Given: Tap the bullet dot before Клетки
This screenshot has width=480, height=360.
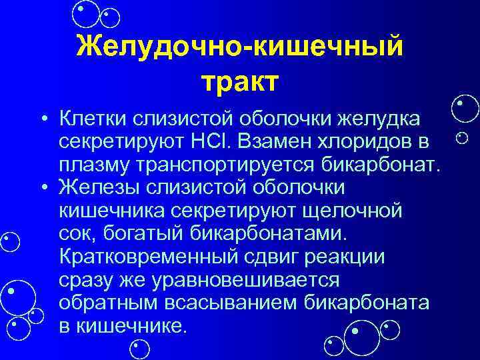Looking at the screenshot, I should tap(42, 119).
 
